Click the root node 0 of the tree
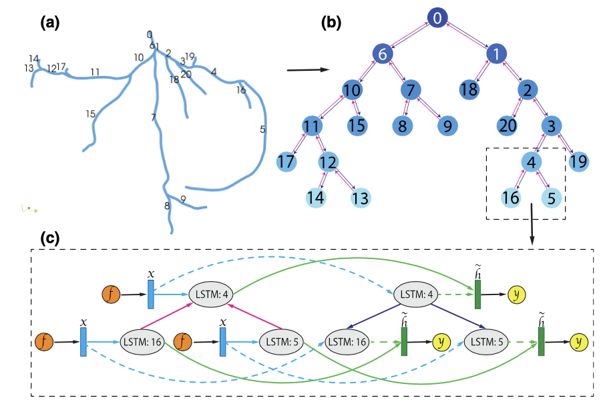(x=436, y=19)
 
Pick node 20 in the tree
(x=508, y=125)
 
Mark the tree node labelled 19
(x=579, y=161)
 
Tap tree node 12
(x=327, y=162)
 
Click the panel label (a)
(x=49, y=23)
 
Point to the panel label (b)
(x=331, y=23)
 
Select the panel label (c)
(x=49, y=238)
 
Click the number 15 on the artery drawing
(x=91, y=114)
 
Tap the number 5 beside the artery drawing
(x=263, y=130)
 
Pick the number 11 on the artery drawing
(x=95, y=72)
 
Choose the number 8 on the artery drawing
(x=167, y=206)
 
